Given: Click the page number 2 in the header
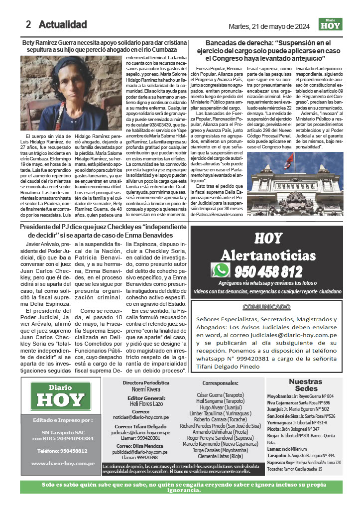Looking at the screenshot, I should click(28, 24).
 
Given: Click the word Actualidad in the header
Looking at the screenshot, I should click(63, 24).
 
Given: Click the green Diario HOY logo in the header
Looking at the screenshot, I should click(331, 24).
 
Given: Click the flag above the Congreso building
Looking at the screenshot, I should click(287, 160).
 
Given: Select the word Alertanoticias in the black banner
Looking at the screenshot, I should click(268, 255).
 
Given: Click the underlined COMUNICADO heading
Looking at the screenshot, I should click(266, 307).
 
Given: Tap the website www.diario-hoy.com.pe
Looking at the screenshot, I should click(63, 463).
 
